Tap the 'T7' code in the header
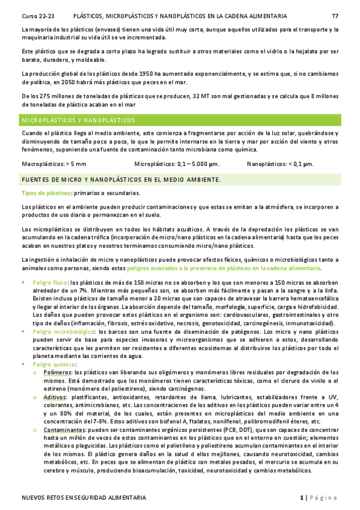point(335,16)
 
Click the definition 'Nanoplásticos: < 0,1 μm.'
point(280,163)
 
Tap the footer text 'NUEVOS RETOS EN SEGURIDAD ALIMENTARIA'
point(84,498)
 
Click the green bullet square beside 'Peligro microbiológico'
point(23,331)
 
